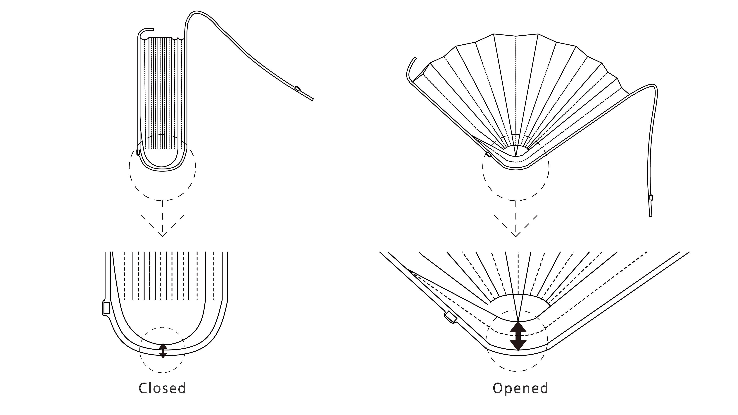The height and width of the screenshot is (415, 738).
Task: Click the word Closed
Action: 162,388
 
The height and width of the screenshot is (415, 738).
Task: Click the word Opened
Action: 520,388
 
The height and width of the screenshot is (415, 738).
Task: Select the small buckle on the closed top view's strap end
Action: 297,89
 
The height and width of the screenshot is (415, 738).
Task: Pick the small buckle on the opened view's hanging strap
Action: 651,197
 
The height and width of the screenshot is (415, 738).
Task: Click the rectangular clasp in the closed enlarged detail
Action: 106,308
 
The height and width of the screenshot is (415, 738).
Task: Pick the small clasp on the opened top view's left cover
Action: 489,154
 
